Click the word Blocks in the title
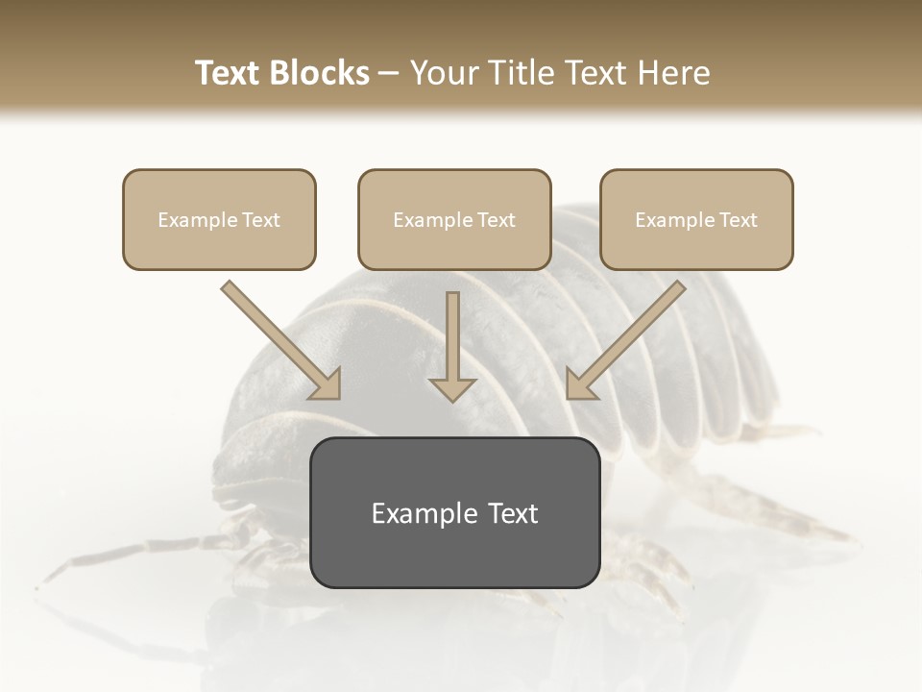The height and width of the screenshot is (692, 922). (320, 73)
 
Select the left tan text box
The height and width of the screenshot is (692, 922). (219, 219)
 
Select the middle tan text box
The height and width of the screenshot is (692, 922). (454, 219)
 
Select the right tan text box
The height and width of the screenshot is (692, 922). (696, 219)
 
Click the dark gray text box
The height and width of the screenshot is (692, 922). (454, 512)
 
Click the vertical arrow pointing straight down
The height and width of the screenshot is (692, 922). (452, 346)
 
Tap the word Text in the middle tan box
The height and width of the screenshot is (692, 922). (497, 220)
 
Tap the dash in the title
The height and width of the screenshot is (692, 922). (389, 73)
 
